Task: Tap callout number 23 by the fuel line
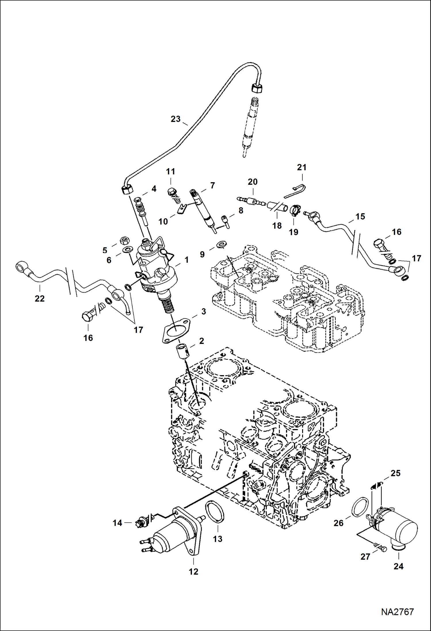click(176, 119)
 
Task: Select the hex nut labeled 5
click(125, 240)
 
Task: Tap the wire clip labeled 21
click(296, 191)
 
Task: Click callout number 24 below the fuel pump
click(398, 566)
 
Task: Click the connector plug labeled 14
click(142, 522)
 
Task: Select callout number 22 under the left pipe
click(40, 299)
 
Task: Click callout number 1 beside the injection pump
click(186, 260)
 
